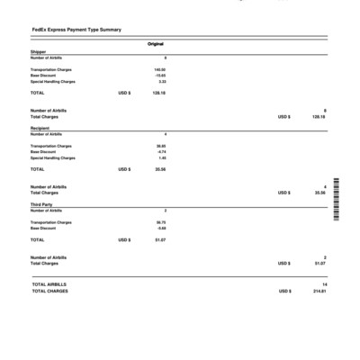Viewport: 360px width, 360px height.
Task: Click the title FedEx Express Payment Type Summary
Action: coord(76,30)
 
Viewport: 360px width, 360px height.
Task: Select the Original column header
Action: coord(156,44)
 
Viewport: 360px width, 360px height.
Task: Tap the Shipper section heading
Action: coord(38,52)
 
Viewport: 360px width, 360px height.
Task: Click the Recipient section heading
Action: coord(40,129)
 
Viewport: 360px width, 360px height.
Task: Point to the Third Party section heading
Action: coord(41,204)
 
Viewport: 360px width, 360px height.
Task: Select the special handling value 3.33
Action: coord(161,81)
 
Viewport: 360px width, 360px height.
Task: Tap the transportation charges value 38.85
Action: coord(160,145)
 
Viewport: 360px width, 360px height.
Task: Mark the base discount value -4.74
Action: coord(160,151)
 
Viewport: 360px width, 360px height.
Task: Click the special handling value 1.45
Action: coord(161,157)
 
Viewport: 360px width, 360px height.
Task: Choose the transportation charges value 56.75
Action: coord(160,221)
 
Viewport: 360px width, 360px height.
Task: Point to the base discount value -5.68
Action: coord(160,228)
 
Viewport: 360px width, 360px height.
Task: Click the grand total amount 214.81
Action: coord(319,291)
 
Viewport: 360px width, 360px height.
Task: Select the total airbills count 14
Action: coord(322,284)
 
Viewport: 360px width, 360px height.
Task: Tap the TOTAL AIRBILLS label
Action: coord(49,284)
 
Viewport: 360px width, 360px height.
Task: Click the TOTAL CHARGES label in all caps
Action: coord(50,291)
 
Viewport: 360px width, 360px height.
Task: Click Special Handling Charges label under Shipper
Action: coord(53,81)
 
